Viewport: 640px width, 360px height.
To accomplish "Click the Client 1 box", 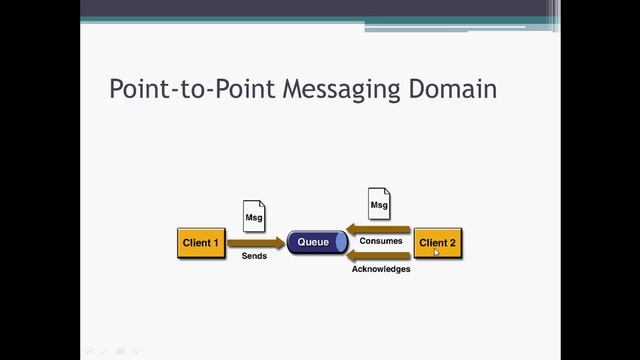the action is pos(201,243).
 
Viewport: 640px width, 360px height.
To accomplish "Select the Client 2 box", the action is pos(437,243).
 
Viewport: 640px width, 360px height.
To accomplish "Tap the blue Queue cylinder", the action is pos(313,242).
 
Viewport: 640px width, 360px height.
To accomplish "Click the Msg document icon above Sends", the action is pos(255,215).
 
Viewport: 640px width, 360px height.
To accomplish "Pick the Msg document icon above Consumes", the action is pos(379,204).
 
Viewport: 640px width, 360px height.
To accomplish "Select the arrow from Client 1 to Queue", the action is pos(256,242).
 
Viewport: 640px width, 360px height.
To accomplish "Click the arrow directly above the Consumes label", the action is pos(380,229).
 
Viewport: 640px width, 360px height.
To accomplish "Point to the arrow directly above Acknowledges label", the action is pos(380,256).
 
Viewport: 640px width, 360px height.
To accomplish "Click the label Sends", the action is pos(254,257).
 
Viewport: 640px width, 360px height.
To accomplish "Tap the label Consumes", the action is pos(381,241).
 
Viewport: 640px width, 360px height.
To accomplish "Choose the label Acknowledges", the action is pos(381,269).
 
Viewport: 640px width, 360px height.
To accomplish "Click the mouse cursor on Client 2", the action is pos(436,252).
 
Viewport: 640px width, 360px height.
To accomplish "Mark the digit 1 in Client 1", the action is pos(215,243).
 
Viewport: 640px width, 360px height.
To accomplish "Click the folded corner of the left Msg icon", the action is pos(261,205).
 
